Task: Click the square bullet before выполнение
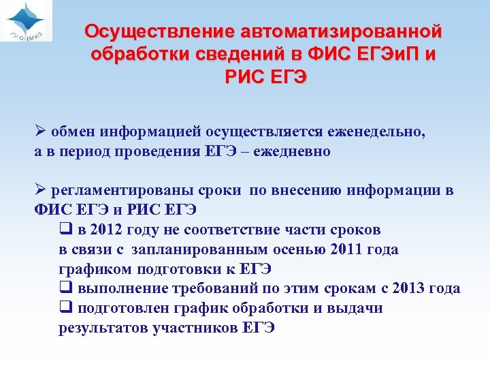point(65,288)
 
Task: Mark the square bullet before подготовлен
point(65,308)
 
